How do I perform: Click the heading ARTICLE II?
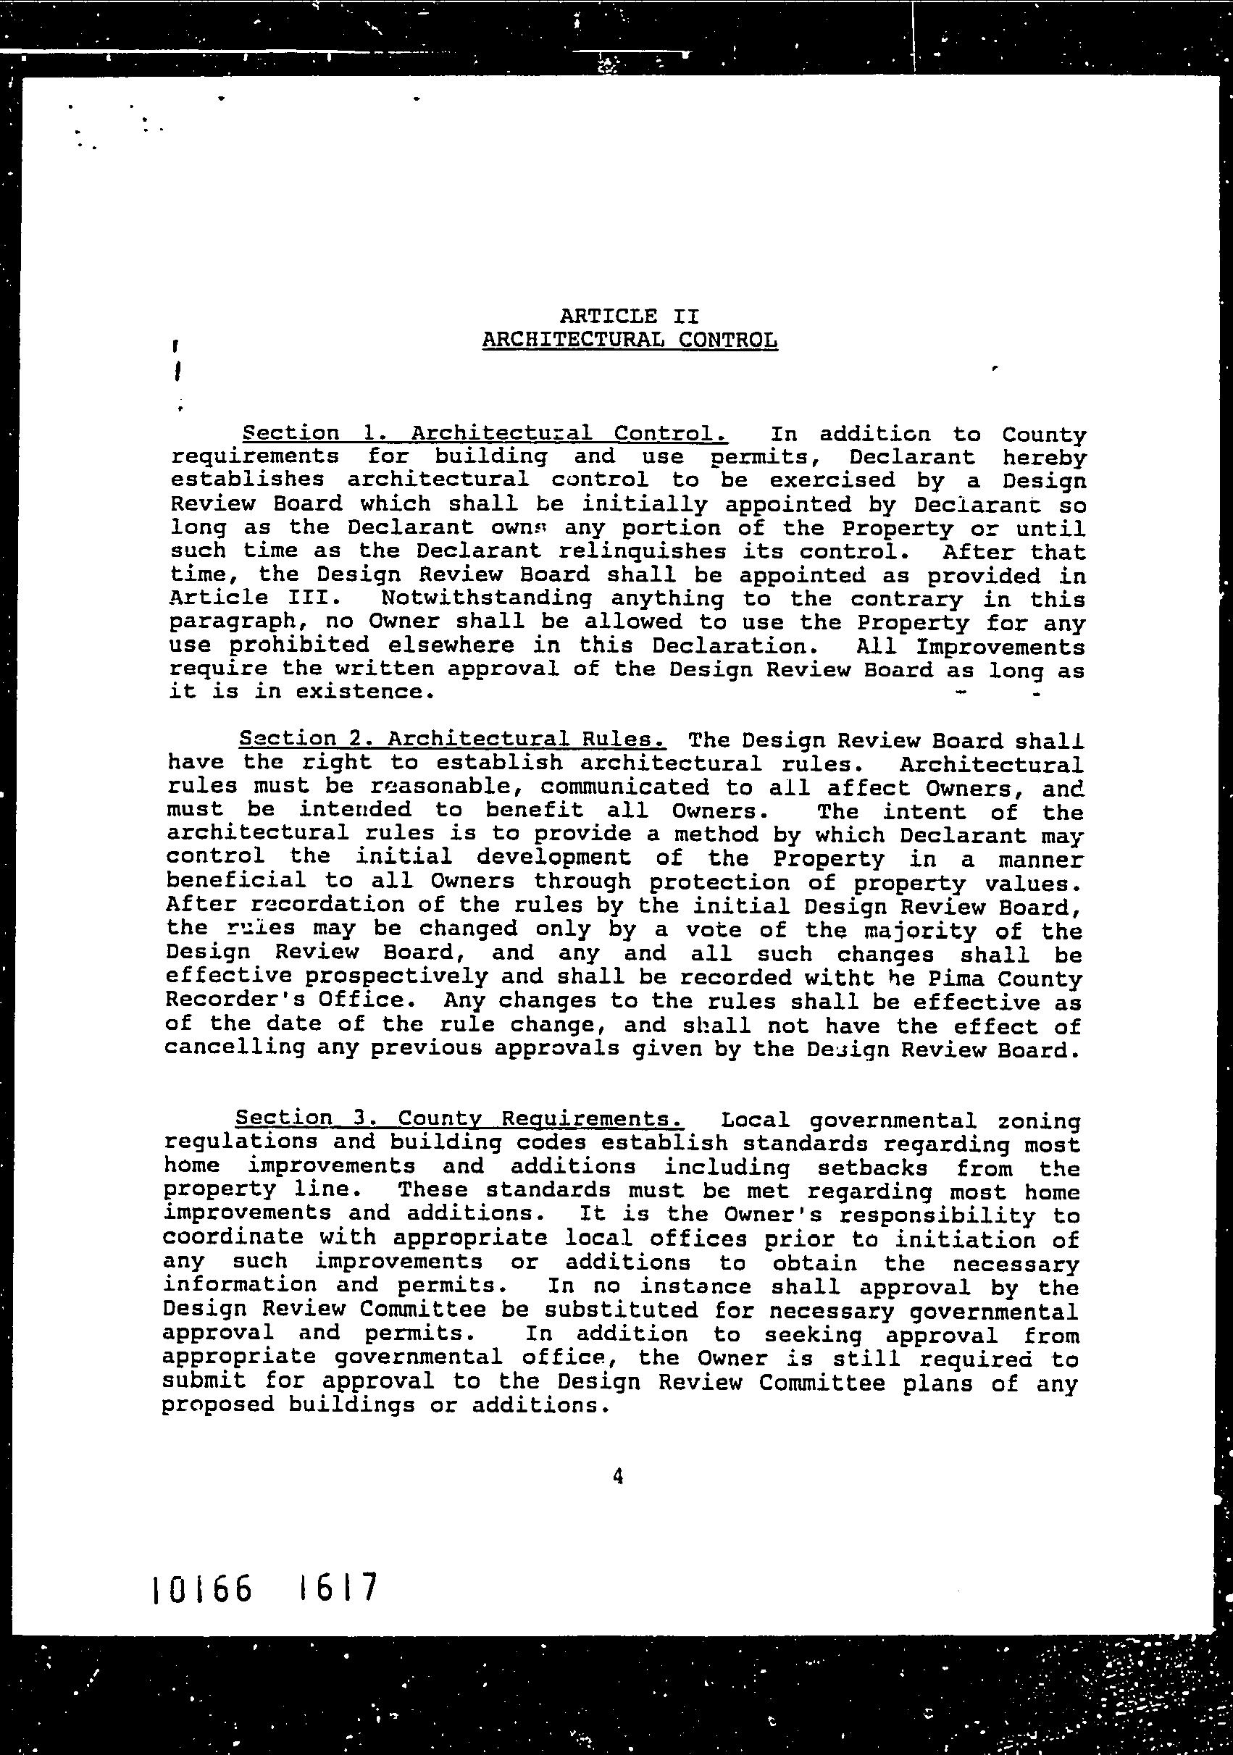click(x=629, y=316)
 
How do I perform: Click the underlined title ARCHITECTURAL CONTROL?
click(x=630, y=340)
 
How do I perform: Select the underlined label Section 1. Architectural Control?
click(x=485, y=433)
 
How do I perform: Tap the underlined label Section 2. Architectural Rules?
click(x=453, y=739)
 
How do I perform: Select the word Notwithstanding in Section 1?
click(x=485, y=598)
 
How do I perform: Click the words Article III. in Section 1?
click(x=249, y=598)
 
